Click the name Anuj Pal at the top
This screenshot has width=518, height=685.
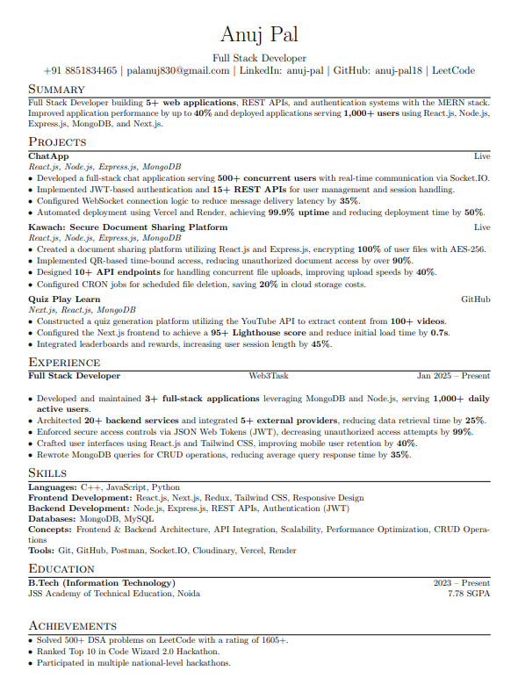[259, 34]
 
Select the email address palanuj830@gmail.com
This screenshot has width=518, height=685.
[179, 70]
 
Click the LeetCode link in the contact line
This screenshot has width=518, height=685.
[453, 70]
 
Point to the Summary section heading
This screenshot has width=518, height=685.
[56, 90]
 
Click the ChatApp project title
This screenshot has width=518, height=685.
[48, 155]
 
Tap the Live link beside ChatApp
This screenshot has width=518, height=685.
[482, 155]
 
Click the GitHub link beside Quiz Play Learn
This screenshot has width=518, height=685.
[476, 299]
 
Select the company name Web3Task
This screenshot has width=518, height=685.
[268, 376]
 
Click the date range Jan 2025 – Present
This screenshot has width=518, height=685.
[453, 376]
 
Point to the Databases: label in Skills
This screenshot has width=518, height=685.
[52, 519]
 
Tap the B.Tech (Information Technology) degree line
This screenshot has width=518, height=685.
[101, 583]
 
